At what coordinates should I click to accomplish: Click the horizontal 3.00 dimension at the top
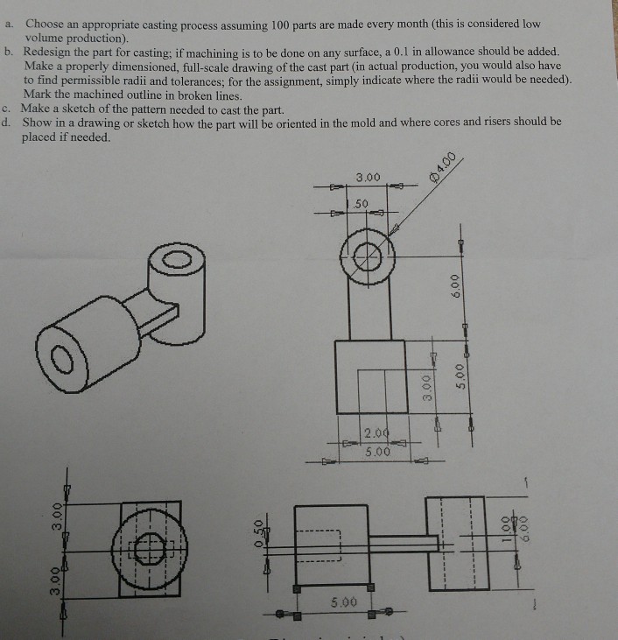pyautogui.click(x=369, y=178)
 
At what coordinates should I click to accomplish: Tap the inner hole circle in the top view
pyautogui.click(x=369, y=257)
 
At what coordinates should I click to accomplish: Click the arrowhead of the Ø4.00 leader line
pyautogui.click(x=396, y=229)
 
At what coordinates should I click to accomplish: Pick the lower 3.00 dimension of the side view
pyautogui.click(x=56, y=579)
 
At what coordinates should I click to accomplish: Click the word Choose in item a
pyautogui.click(x=47, y=24)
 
